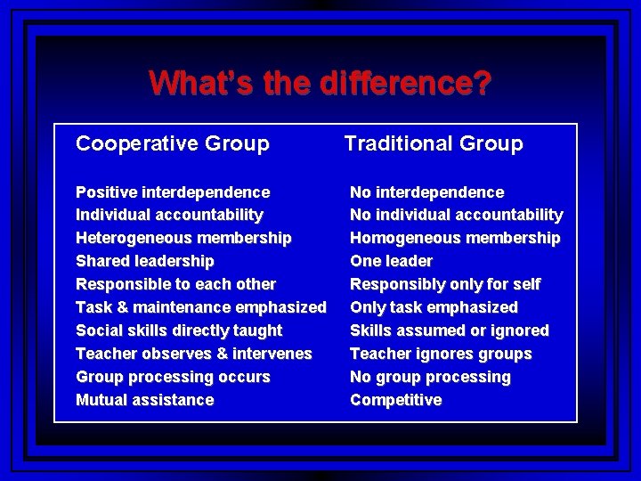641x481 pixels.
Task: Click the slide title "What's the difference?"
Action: pos(320,84)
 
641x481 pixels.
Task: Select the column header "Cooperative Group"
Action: pos(173,143)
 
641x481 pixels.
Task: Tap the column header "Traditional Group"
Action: pos(434,143)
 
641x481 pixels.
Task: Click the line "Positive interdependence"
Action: pos(173,192)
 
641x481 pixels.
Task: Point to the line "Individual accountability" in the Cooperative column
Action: pos(169,215)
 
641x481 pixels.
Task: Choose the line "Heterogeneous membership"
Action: pos(183,238)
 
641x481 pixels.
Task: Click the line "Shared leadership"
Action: pos(145,261)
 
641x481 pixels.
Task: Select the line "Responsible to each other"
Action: pos(176,284)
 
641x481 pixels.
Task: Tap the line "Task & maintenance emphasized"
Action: pos(201,307)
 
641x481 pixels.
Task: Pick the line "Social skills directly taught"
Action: pos(179,330)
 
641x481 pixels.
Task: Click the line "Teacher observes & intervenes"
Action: pos(194,354)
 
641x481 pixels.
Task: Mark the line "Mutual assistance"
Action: pos(145,400)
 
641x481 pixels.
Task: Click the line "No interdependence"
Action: pos(426,192)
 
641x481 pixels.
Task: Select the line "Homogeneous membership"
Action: pos(455,238)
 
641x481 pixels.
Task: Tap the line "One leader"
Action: pos(391,261)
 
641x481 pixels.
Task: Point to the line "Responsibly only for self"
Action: pos(445,284)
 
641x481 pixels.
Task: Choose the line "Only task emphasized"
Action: pos(434,307)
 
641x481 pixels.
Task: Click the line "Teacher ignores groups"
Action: pos(441,354)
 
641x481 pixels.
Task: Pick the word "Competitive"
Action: pos(395,400)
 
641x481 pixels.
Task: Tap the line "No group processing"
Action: pos(430,377)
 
